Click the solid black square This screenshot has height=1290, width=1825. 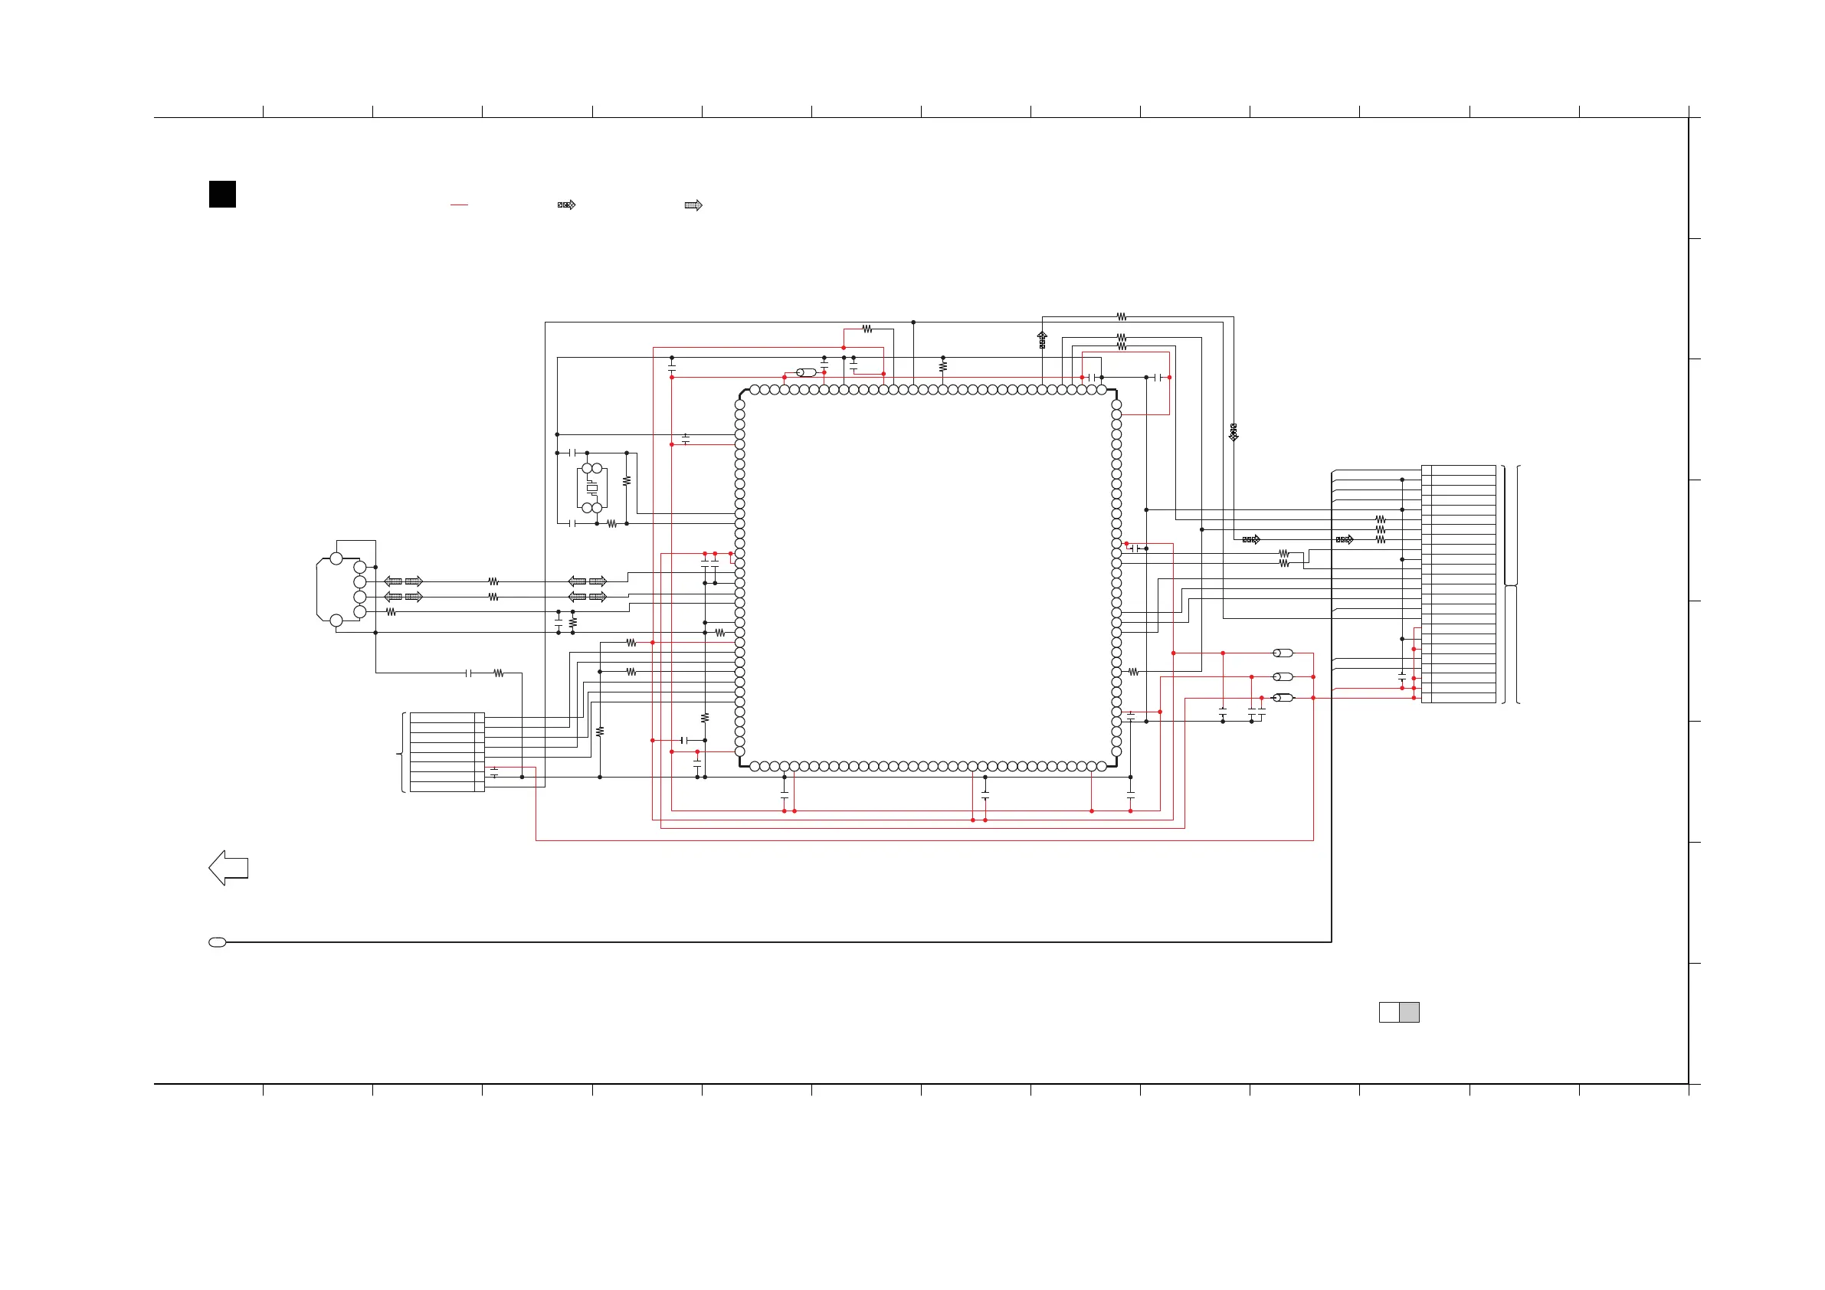(222, 194)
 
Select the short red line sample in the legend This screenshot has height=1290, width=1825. (459, 205)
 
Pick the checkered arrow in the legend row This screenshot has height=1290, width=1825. (567, 205)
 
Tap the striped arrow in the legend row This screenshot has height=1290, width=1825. (693, 205)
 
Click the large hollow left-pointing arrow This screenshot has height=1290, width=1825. (228, 868)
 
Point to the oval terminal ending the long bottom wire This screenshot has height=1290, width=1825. (217, 943)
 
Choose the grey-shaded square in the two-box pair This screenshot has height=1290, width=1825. (1409, 1012)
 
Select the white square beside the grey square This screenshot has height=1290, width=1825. (1388, 1012)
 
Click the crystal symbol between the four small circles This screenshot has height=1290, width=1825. (591, 488)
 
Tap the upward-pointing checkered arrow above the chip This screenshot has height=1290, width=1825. (1042, 340)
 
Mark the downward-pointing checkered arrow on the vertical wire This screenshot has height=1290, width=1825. (1234, 432)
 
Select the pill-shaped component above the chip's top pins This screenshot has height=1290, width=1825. (806, 373)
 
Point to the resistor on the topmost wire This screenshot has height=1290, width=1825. (1122, 316)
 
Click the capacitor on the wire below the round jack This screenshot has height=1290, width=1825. (469, 673)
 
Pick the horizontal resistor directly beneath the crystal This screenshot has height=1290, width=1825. (612, 524)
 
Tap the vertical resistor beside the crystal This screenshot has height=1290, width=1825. (627, 481)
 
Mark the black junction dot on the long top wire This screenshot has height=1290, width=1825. (913, 322)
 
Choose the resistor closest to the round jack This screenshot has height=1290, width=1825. (391, 612)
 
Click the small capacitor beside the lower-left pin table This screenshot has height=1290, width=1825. (494, 771)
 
